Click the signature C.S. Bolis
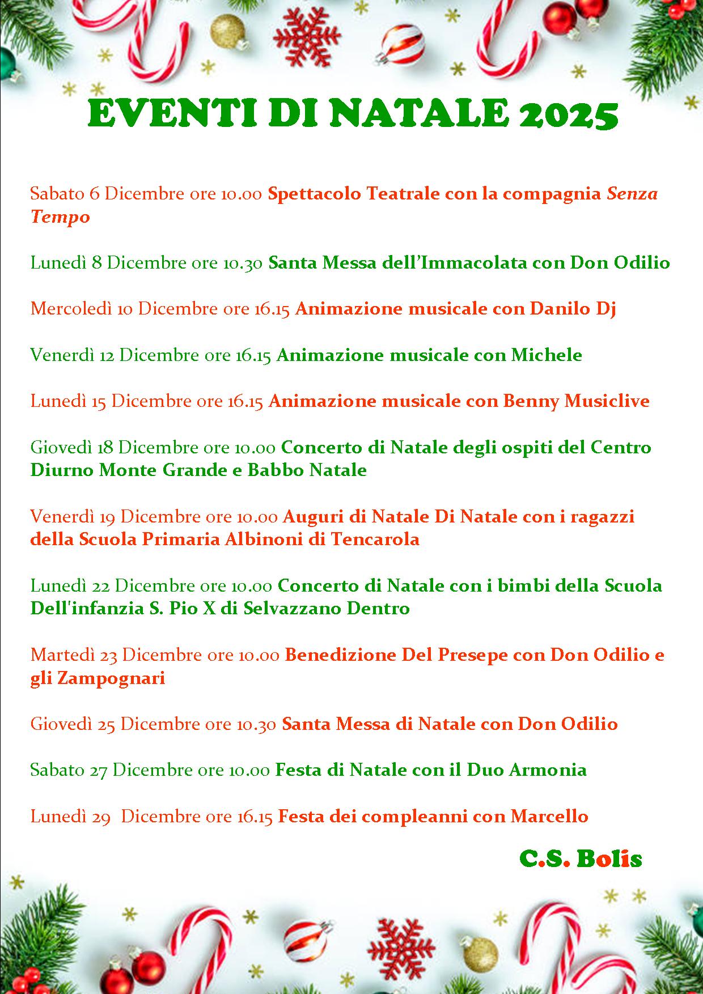[581, 859]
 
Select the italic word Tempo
[60, 217]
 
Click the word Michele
[547, 355]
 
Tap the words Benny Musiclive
[576, 401]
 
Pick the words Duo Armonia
[527, 770]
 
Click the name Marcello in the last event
[549, 817]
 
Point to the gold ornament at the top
[228, 31]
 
